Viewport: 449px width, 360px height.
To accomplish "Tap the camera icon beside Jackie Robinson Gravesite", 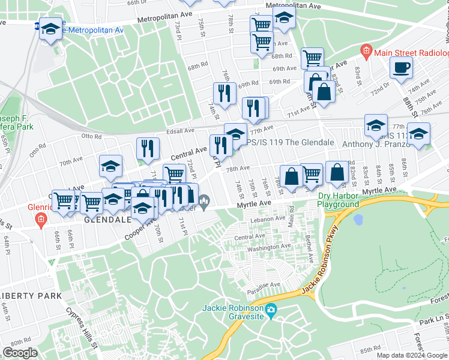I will [x=271, y=310].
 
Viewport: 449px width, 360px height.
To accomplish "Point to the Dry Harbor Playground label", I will [x=339, y=200].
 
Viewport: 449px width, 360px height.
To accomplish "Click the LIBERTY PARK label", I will [x=31, y=296].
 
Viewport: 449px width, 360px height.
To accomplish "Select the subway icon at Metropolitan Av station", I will [x=38, y=26].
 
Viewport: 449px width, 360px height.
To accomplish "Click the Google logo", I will [x=20, y=353].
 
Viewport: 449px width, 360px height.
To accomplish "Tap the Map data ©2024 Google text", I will [x=412, y=355].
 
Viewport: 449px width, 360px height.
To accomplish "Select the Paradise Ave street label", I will [x=267, y=284].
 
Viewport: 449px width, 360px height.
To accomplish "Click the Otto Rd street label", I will [x=91, y=136].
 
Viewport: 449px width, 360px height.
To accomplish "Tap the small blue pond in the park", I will [x=358, y=219].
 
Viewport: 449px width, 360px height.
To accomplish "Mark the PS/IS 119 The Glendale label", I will [x=291, y=143].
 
